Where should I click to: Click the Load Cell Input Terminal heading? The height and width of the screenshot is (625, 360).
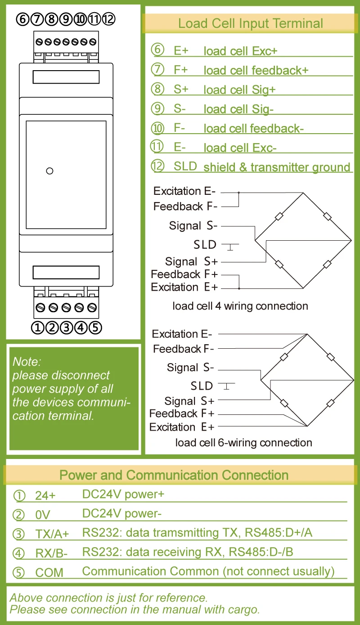(250, 23)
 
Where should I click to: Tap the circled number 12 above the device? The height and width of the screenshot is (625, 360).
(109, 19)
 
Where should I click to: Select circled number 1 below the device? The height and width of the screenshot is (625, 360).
(38, 327)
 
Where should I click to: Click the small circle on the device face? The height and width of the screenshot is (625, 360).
(50, 171)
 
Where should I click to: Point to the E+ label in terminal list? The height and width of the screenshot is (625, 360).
(181, 51)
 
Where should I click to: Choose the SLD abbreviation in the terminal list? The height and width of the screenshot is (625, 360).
(185, 166)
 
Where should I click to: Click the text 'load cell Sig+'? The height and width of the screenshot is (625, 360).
(239, 90)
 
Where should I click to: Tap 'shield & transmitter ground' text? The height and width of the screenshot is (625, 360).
(277, 167)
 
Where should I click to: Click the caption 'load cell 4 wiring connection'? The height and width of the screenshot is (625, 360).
(240, 306)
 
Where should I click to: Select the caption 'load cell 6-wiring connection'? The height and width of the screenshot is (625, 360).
(243, 442)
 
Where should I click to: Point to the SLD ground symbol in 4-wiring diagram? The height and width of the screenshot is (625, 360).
(229, 246)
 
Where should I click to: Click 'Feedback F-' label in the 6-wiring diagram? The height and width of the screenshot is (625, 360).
(183, 349)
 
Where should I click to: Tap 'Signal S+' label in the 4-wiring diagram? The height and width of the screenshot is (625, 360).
(191, 261)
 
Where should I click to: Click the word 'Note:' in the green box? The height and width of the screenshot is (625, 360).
(27, 361)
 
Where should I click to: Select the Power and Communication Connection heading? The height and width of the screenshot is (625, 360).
(174, 475)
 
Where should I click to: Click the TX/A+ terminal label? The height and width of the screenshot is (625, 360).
(52, 534)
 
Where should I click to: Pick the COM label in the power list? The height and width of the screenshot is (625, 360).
(49, 573)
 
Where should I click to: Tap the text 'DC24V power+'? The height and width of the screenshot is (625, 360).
(123, 494)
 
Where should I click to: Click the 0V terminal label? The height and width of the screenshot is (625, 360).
(43, 515)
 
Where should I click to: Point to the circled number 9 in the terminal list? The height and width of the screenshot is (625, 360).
(157, 108)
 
